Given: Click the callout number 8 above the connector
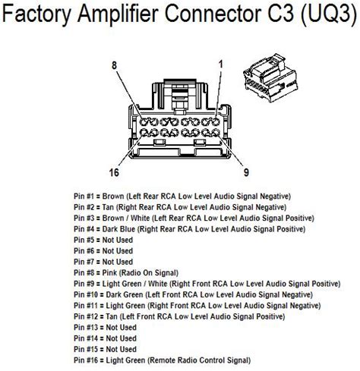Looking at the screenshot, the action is (115, 65).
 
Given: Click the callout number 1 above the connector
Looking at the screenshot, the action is (221, 64).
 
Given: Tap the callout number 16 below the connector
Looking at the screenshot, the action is (114, 172).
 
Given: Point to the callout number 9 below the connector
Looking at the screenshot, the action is (246, 172).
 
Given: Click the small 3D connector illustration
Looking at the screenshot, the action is (270, 77).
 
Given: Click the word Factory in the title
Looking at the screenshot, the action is (37, 14).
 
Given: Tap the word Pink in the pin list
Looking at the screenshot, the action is (109, 272).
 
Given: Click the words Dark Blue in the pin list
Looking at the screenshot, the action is (118, 229).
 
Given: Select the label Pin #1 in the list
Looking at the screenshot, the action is (84, 196).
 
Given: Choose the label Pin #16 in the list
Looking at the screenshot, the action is (86, 360).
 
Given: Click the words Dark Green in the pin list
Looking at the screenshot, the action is (125, 294).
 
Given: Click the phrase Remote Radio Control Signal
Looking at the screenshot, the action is (199, 360).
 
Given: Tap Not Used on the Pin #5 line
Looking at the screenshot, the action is (118, 240).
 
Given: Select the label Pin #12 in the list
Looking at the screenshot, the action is (86, 316).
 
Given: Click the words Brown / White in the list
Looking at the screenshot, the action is (126, 218).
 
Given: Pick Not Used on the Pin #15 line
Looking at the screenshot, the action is (121, 349).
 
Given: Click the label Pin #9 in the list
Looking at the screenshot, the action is (84, 284).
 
